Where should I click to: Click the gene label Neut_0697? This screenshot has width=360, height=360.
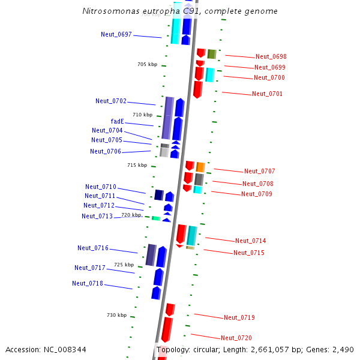(116, 34)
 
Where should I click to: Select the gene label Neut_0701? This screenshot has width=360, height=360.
(267, 94)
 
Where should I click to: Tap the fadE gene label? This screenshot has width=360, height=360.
(117, 121)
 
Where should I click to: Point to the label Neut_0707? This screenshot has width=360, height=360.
(259, 172)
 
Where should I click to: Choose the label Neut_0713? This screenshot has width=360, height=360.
(97, 216)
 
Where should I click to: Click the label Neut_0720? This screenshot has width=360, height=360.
(236, 338)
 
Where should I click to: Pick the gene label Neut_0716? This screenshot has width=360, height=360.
(93, 248)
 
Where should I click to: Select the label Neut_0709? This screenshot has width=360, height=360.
(256, 194)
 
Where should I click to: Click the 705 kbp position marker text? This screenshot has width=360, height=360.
(147, 64)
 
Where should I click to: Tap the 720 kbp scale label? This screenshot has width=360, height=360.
(131, 214)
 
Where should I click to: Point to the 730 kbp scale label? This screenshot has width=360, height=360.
(116, 315)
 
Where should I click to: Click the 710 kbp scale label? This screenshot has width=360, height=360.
(142, 115)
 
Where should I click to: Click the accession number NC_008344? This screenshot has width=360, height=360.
(46, 349)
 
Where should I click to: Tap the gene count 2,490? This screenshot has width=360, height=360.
(343, 349)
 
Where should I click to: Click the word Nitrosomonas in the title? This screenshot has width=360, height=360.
(108, 11)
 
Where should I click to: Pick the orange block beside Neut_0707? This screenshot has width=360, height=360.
(200, 167)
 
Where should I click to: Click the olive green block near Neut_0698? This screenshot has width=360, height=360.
(211, 54)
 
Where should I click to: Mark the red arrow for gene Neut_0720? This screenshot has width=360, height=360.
(167, 330)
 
